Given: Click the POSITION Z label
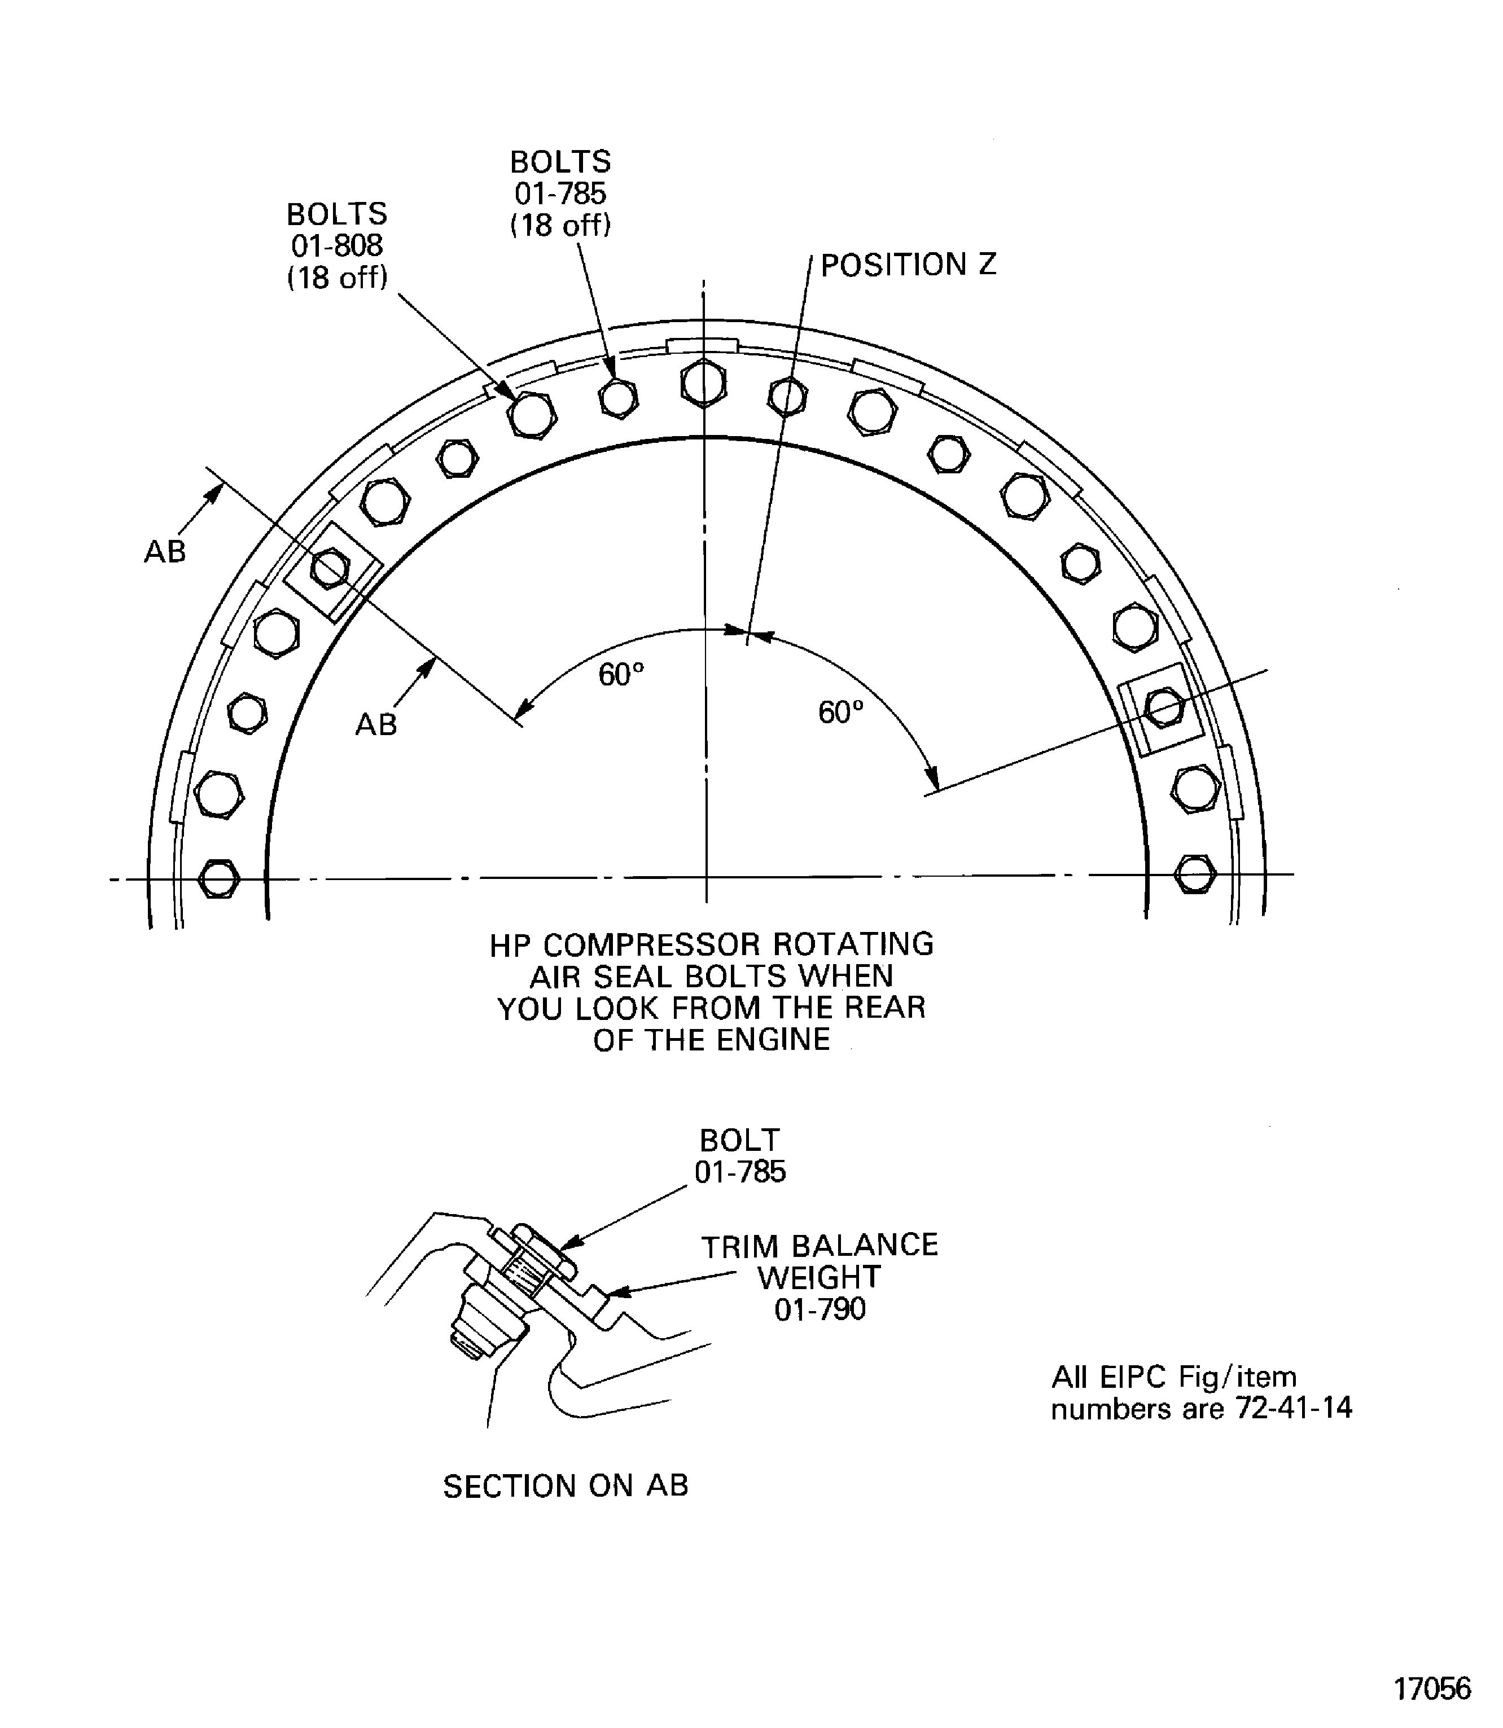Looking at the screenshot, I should [x=908, y=265].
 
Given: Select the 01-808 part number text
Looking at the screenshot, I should [x=337, y=245].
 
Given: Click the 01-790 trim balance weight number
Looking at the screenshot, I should [x=820, y=1309].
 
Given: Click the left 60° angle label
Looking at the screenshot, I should [x=621, y=674].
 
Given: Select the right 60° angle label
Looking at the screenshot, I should [x=840, y=712].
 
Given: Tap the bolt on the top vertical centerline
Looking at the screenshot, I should [x=704, y=383].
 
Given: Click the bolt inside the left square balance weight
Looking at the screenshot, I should [x=330, y=569].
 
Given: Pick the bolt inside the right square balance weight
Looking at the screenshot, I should [x=1164, y=707].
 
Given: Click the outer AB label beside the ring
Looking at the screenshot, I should [x=165, y=552].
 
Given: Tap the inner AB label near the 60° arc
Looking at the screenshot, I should [x=376, y=724].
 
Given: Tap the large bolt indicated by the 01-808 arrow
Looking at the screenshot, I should [x=533, y=414].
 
